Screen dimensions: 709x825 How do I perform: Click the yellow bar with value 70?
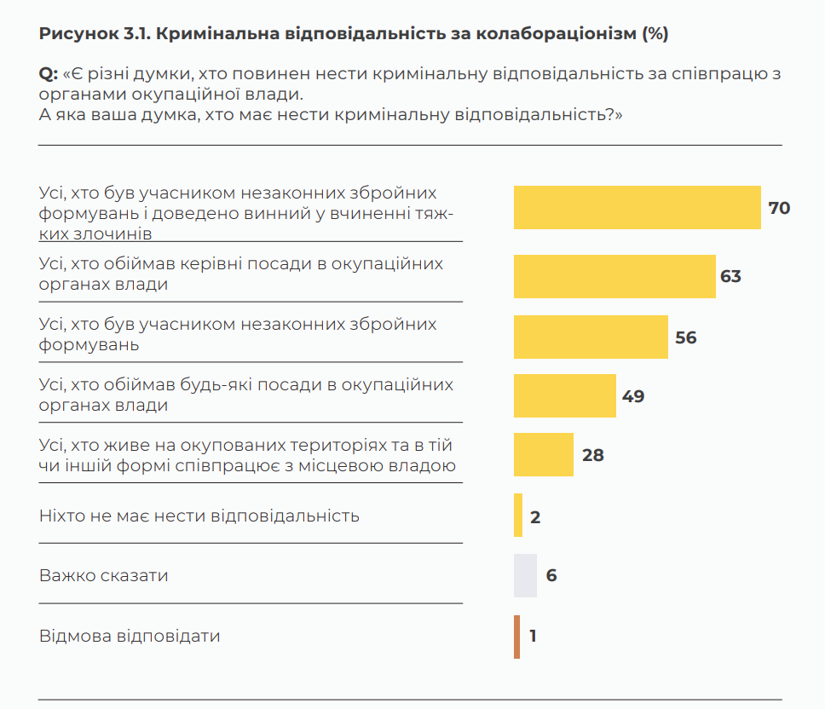637,208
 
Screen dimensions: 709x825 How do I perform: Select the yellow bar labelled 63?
614,276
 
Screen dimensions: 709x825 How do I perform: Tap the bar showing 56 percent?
591,337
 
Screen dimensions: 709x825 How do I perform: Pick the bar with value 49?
564,396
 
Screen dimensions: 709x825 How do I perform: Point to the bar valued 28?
544,455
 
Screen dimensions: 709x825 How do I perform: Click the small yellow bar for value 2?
518,516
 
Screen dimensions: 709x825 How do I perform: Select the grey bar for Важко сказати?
525,575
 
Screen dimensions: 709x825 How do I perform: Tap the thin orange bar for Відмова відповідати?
516,637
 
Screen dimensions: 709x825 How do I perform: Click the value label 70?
779,208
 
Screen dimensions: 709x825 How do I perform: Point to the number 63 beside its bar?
730,276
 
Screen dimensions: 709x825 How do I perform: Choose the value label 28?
592,455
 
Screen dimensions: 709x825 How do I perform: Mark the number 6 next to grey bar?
551,575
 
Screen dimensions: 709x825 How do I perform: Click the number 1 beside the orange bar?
533,637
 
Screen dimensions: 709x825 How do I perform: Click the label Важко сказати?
104,575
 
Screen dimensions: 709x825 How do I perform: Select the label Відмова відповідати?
130,637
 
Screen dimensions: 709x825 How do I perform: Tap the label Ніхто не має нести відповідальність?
199,516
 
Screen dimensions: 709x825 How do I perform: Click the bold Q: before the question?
49,74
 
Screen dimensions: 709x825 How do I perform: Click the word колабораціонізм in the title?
556,34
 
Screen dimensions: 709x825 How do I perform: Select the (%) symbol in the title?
655,34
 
